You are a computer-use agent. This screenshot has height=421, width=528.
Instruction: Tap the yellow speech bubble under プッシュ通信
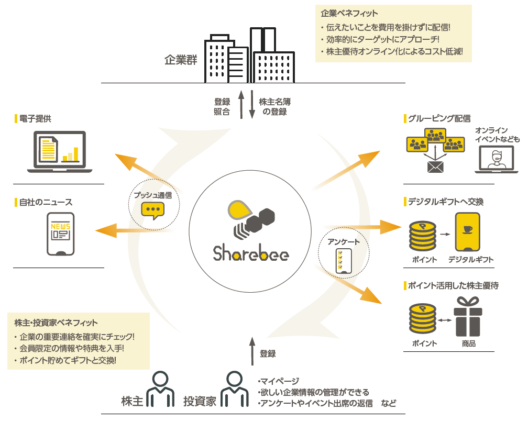pyautogui.click(x=153, y=209)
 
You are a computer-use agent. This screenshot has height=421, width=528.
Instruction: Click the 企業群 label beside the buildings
pyautogui.click(x=181, y=59)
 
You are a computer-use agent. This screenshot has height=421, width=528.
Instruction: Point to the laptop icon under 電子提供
pyautogui.click(x=60, y=152)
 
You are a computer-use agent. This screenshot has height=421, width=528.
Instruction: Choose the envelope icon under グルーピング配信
pyautogui.click(x=435, y=167)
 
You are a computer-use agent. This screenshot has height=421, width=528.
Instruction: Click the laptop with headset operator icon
pyautogui.click(x=496, y=159)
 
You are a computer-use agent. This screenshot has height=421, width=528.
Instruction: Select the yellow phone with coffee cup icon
pyautogui.click(x=468, y=232)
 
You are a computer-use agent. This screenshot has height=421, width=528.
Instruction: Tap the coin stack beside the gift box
pyautogui.click(x=422, y=320)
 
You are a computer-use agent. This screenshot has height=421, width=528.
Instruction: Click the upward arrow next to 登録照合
pyautogui.click(x=241, y=104)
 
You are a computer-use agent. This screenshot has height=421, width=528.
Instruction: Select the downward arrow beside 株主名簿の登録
pyautogui.click(x=252, y=104)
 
